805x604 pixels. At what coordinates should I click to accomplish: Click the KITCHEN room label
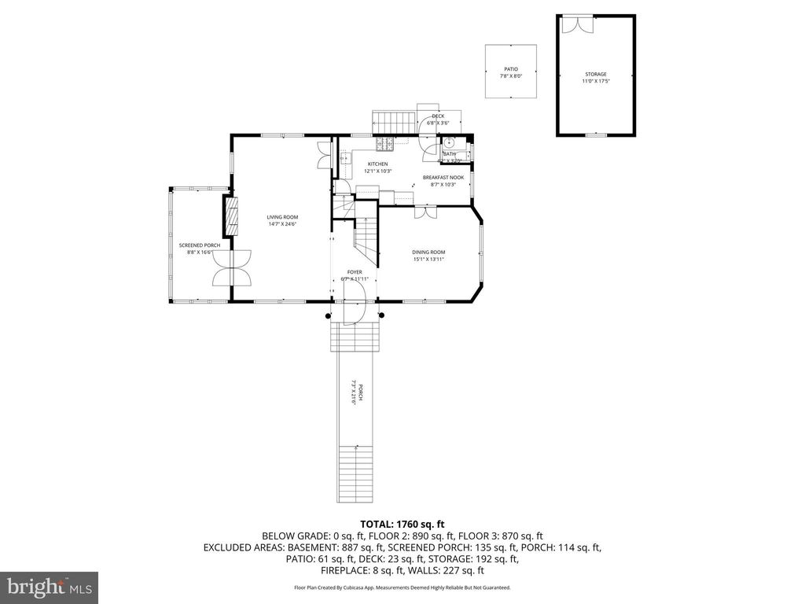(x=377, y=164)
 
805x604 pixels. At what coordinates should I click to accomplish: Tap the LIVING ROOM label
(x=282, y=217)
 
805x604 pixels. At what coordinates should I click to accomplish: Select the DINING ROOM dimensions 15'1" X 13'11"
(x=428, y=259)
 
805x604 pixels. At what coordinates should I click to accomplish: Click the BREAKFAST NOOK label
(x=443, y=178)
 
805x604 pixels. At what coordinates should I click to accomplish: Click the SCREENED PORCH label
(x=193, y=245)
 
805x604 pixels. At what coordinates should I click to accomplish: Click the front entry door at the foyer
(x=354, y=304)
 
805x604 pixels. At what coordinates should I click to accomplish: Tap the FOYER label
(x=355, y=272)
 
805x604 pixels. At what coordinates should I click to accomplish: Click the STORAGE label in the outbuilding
(x=596, y=75)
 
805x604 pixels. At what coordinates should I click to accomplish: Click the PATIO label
(x=511, y=69)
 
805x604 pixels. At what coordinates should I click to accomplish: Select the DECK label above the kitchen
(x=438, y=116)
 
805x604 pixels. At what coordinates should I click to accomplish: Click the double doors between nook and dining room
(x=425, y=211)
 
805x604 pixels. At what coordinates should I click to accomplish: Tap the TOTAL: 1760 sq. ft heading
(x=402, y=524)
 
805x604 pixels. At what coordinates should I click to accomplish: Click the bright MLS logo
(x=49, y=587)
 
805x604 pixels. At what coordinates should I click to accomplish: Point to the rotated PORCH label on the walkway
(x=354, y=392)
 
